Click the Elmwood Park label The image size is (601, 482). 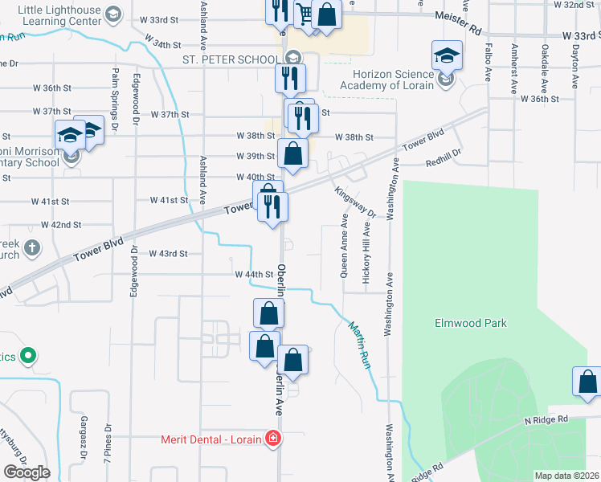click(x=471, y=323)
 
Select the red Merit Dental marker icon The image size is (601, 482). click(x=273, y=439)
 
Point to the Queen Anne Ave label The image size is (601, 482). click(x=344, y=245)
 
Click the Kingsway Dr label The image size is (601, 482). click(x=355, y=202)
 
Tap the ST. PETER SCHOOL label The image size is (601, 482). click(x=231, y=59)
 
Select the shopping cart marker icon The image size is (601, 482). click(x=304, y=14)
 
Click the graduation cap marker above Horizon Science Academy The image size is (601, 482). click(x=448, y=56)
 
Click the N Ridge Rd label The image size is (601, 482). click(x=546, y=419)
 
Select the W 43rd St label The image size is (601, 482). click(x=168, y=254)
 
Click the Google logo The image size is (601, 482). click(x=27, y=472)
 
